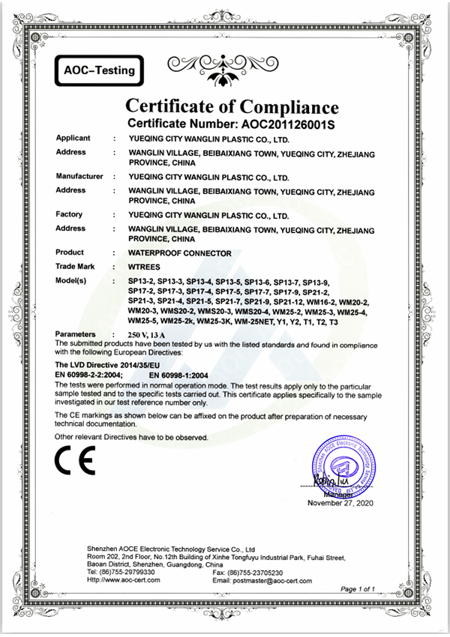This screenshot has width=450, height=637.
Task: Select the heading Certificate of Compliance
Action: (x=231, y=104)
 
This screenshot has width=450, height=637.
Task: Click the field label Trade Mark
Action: (x=78, y=266)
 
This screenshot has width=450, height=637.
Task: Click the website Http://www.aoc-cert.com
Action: (x=127, y=580)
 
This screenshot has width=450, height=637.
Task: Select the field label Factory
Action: (x=69, y=215)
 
